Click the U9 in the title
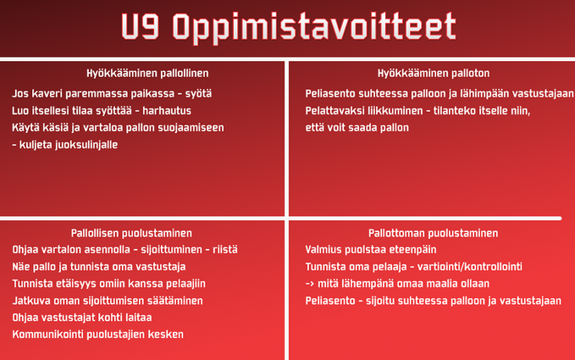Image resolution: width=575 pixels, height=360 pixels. tap(140, 26)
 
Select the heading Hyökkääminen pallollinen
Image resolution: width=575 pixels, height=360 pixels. tap(147, 74)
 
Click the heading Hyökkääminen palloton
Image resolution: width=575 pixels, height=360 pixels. tap(434, 74)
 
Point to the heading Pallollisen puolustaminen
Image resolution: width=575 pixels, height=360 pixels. tap(131, 233)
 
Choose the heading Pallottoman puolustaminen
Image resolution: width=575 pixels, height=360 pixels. tap(433, 233)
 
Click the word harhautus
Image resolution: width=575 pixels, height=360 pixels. tap(167, 110)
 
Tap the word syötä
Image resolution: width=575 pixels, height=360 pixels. tap(198, 94)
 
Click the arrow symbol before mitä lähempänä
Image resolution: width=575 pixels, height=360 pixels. tap(310, 284)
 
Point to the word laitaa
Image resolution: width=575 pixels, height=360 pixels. tap(139, 318)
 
